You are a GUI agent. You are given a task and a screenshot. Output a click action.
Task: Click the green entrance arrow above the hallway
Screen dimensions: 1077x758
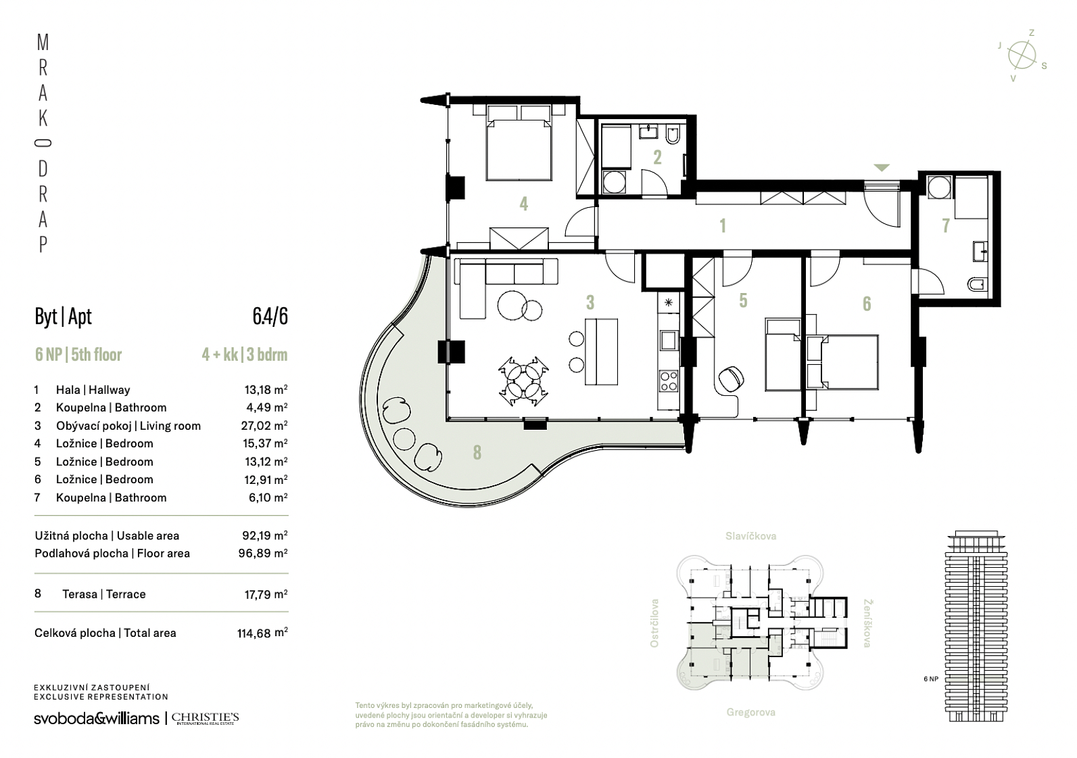point(882,167)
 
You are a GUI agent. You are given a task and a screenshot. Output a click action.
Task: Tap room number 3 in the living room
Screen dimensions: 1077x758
point(590,303)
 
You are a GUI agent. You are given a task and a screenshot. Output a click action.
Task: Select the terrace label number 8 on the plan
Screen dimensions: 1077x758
point(477,452)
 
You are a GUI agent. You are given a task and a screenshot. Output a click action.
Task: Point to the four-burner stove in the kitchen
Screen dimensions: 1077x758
point(669,380)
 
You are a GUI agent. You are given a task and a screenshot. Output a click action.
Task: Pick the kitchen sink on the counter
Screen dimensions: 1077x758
point(669,340)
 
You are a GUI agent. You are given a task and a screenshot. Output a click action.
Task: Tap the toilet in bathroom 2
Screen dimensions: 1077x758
point(673,134)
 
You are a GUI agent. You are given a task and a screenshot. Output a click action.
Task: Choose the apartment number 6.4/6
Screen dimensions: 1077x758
point(270,316)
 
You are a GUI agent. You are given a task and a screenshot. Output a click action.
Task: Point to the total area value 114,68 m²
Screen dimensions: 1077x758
point(262,633)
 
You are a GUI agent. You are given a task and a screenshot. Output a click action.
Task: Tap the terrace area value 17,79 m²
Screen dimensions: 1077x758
point(266,594)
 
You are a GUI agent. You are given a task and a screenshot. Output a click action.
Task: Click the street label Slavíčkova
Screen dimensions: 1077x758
point(750,536)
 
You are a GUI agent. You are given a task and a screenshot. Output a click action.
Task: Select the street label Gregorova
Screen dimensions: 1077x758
point(750,712)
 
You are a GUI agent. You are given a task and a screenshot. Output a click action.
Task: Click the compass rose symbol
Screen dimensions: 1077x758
point(1022,55)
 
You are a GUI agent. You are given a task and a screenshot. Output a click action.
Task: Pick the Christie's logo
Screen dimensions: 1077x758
point(206,719)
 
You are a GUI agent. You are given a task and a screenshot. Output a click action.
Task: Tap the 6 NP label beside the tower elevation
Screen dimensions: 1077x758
point(931,679)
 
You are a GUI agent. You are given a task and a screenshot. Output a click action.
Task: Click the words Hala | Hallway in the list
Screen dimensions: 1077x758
point(93,390)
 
